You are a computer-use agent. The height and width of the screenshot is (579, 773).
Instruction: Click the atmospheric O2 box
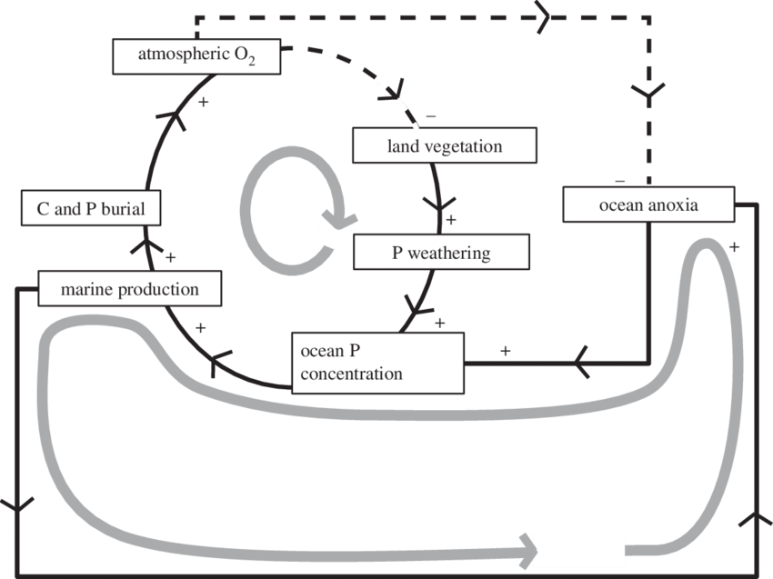click(x=196, y=56)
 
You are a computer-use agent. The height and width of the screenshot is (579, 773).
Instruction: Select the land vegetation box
click(x=444, y=145)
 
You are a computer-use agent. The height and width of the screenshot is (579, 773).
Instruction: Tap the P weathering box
click(x=441, y=253)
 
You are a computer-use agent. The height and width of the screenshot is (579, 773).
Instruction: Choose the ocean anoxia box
click(x=648, y=205)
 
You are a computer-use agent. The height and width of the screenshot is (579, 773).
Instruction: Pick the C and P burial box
click(x=91, y=209)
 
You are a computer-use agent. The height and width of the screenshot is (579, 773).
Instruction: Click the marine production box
click(x=130, y=290)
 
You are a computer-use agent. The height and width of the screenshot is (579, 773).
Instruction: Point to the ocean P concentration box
click(x=377, y=362)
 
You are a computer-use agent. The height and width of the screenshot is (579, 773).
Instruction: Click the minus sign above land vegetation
click(x=430, y=116)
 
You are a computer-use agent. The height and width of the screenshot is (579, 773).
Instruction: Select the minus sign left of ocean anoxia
click(x=619, y=180)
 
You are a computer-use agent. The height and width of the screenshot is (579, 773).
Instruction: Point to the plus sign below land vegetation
click(x=447, y=220)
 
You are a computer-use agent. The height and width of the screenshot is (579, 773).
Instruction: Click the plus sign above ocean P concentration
click(x=440, y=323)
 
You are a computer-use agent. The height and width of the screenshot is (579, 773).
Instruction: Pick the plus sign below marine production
click(x=200, y=326)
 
